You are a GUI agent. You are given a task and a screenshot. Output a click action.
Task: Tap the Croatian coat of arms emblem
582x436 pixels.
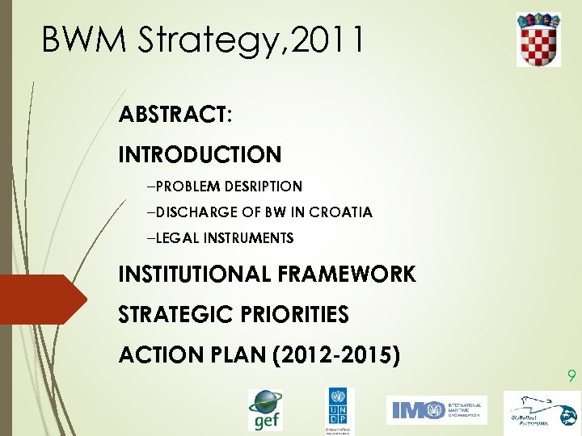coord(538,39)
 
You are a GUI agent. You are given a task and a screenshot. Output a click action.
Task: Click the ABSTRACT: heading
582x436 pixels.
coord(175,115)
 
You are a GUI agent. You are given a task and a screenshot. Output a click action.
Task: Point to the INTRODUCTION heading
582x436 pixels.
coord(200,154)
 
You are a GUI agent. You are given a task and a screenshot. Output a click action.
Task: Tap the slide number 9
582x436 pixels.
coord(571,375)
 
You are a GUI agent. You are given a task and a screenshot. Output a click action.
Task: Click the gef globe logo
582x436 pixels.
coord(265,409)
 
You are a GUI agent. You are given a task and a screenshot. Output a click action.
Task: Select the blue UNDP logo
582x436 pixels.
coord(339,410)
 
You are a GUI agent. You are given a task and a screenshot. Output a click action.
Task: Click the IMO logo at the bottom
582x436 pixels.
coord(436,410)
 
